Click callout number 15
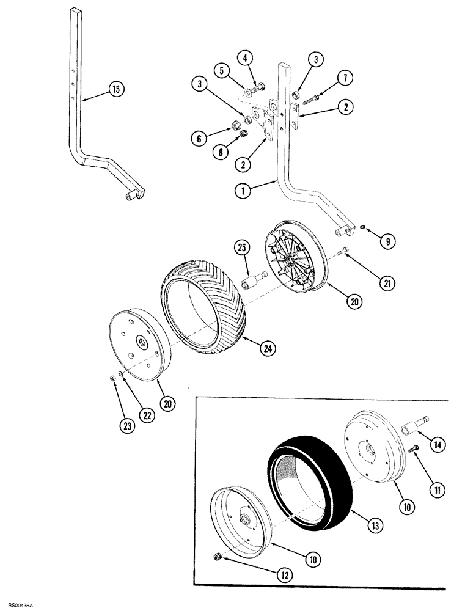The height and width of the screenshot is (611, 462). point(116,89)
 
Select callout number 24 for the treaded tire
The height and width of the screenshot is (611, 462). point(250,349)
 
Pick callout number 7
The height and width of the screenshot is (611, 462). point(344,78)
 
